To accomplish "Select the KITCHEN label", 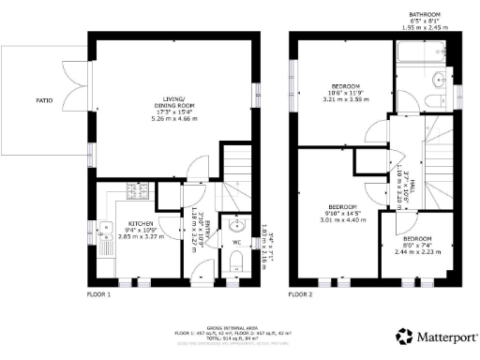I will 139,223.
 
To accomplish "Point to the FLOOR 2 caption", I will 301,294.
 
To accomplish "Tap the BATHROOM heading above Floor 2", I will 427,14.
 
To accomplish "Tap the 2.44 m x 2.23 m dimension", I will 416,251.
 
